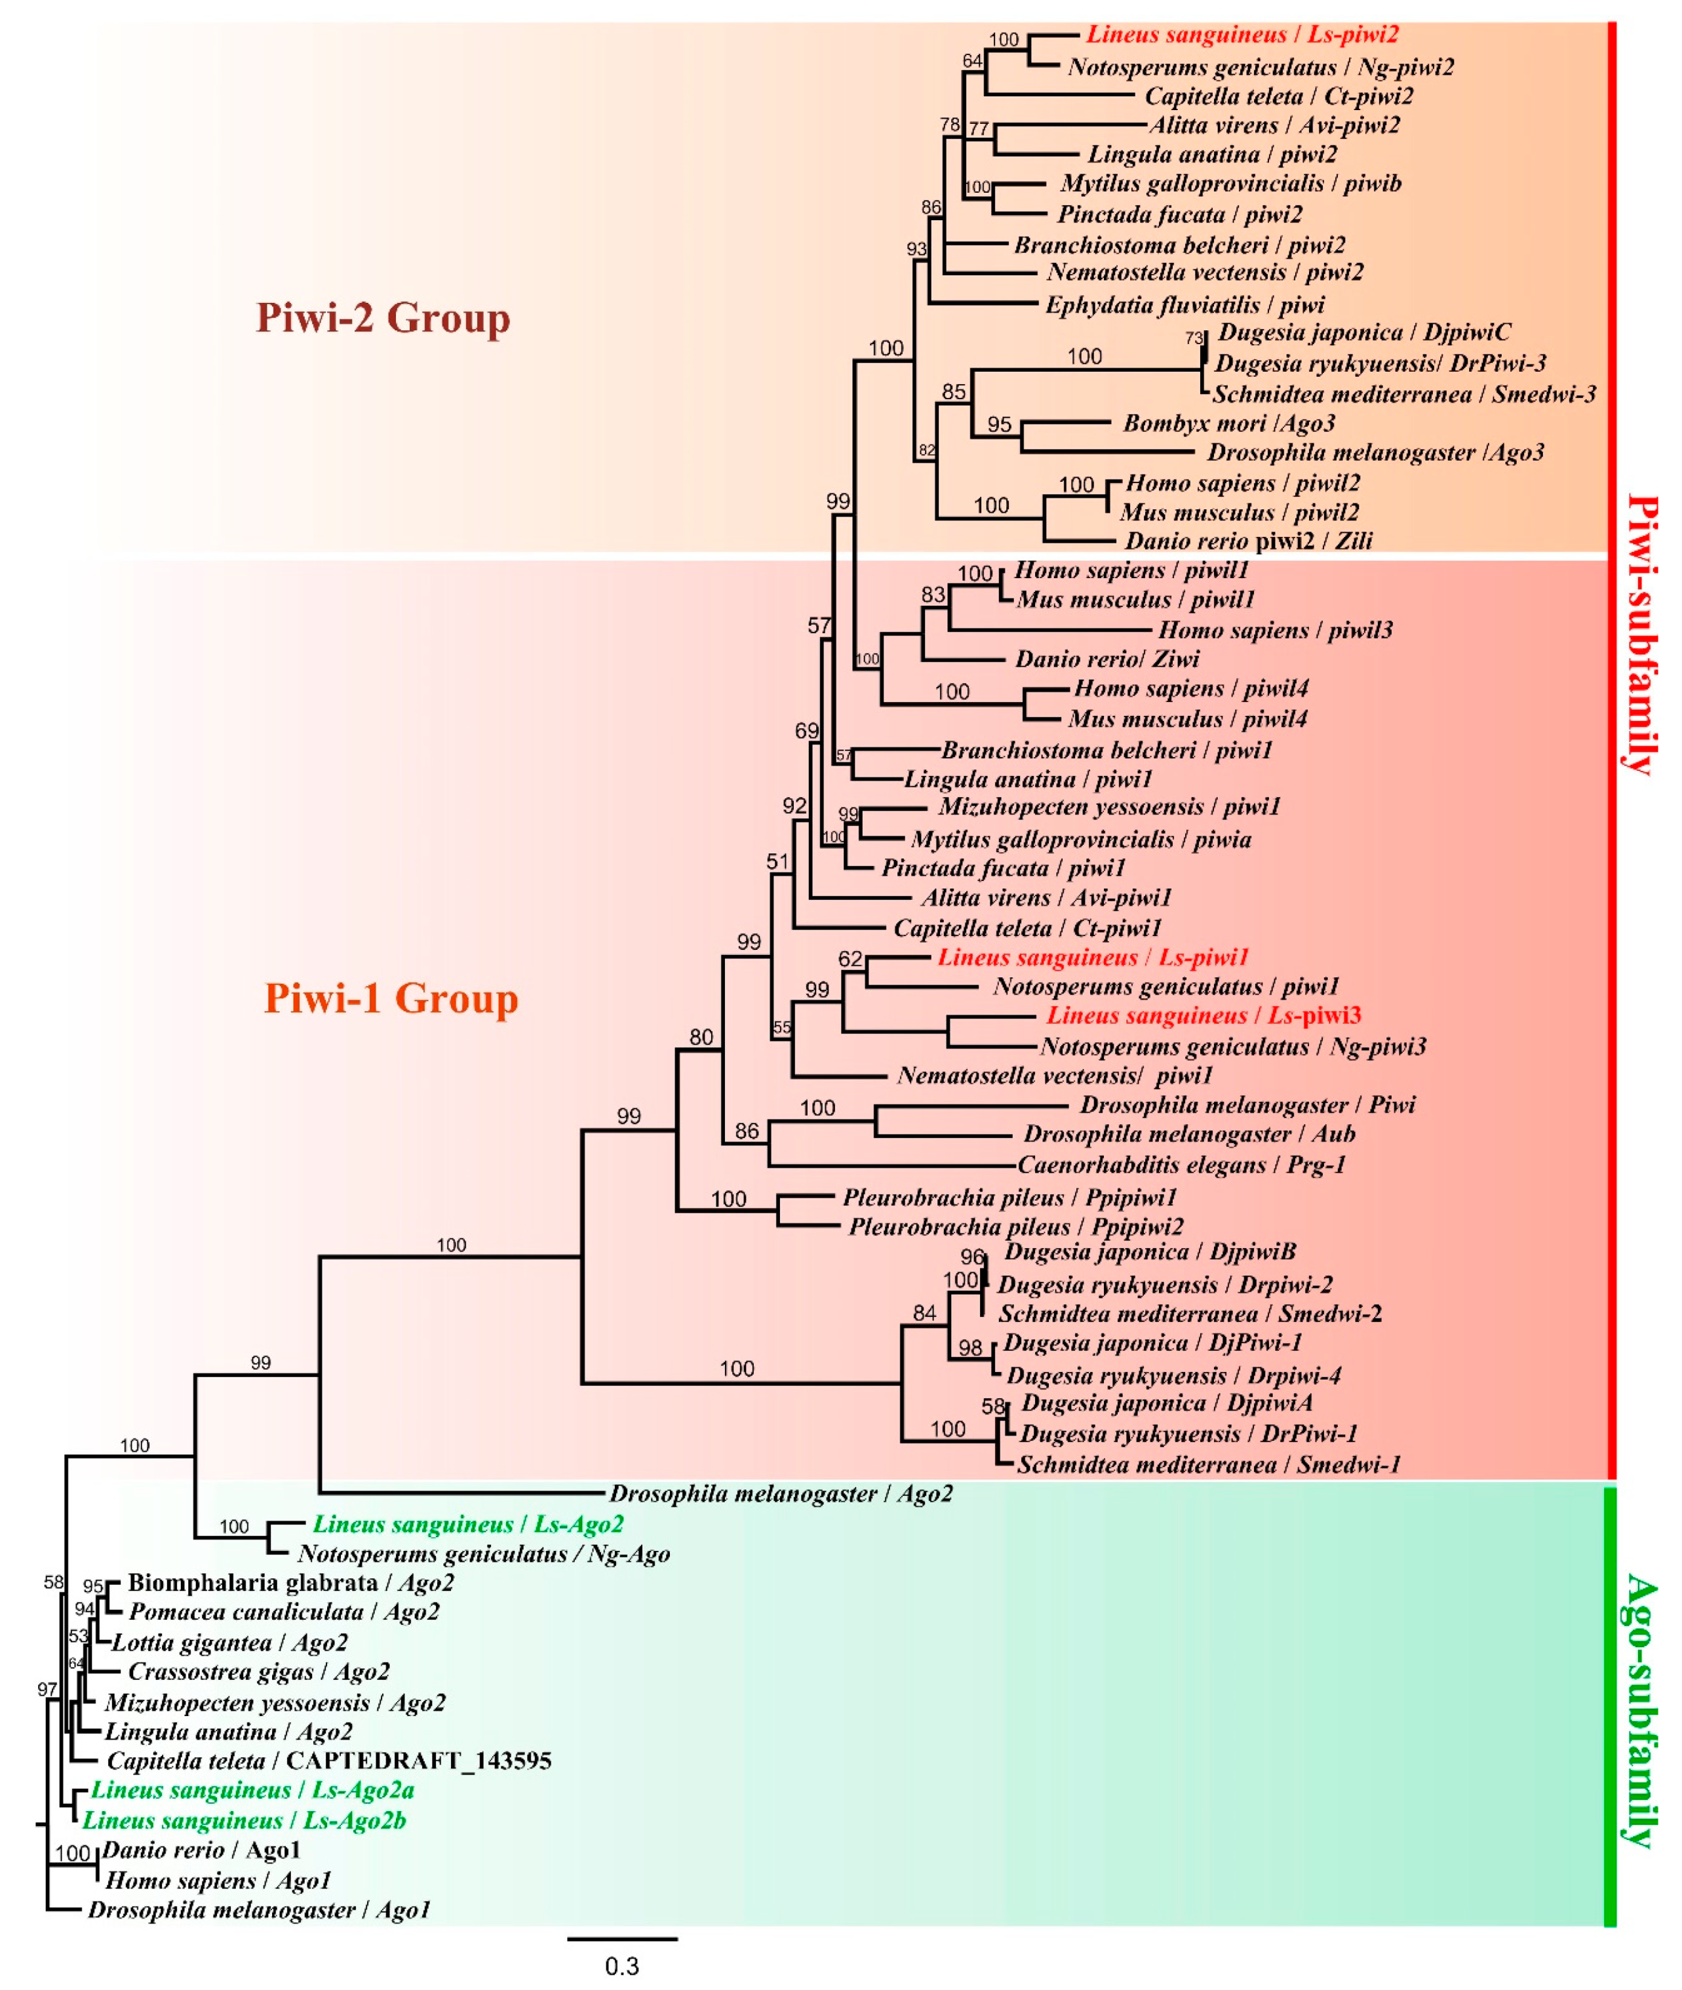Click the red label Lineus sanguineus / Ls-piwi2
click(1242, 36)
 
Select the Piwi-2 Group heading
click(383, 317)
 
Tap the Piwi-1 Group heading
click(391, 998)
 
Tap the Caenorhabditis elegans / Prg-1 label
click(1181, 1164)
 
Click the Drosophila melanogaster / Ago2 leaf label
click(781, 1493)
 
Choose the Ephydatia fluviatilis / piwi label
click(1185, 305)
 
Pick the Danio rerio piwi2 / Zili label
click(1248, 541)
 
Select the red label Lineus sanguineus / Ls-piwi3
click(1203, 1015)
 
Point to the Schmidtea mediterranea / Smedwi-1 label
click(1208, 1464)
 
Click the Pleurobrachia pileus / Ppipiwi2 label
click(1017, 1226)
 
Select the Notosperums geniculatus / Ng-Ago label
click(484, 1554)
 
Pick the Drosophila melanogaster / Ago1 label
click(260, 1910)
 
